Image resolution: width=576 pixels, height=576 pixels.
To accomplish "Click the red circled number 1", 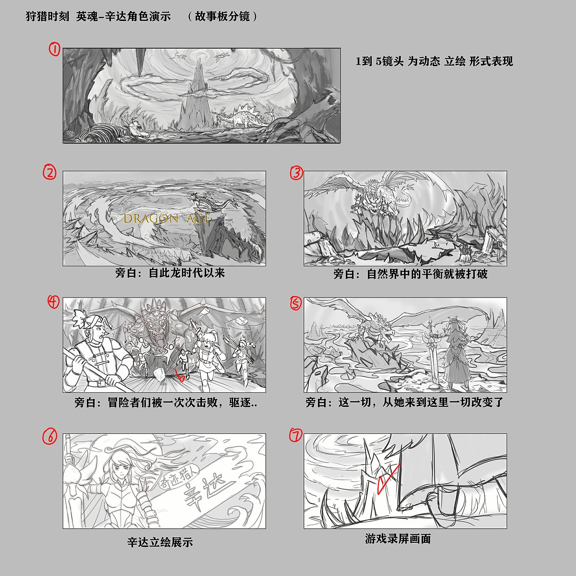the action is (55, 49).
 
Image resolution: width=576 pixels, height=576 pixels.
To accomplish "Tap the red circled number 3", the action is (297, 173).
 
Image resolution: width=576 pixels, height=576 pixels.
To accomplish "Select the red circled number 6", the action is (49, 436).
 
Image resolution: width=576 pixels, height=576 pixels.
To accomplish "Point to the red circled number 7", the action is (296, 435).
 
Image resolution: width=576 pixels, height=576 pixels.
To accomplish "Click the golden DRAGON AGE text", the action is (166, 219).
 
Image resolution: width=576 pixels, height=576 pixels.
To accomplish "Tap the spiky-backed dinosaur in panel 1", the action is (242, 117).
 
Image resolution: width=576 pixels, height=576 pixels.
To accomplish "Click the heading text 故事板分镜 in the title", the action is (222, 17).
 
